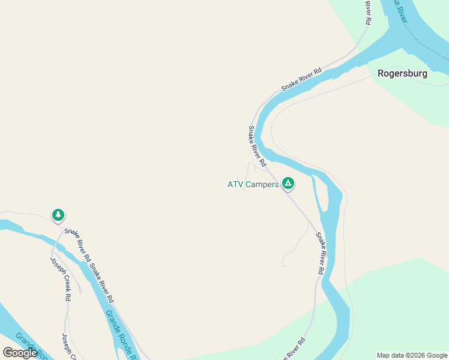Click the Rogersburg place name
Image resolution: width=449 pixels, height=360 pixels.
(x=402, y=74)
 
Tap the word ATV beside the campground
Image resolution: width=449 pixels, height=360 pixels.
(x=235, y=184)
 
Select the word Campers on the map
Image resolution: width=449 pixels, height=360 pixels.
(x=262, y=184)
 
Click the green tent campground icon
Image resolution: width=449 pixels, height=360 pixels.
(x=288, y=183)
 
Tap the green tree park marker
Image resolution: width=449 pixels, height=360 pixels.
(x=58, y=215)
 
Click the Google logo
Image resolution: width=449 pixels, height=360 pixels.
(x=20, y=353)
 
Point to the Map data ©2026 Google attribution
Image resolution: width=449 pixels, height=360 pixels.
(x=412, y=355)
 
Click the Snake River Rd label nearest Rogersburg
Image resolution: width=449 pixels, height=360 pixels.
(x=301, y=79)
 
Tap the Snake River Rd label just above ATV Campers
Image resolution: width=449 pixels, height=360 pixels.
(x=257, y=146)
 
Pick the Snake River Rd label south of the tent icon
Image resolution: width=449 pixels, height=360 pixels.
(x=321, y=253)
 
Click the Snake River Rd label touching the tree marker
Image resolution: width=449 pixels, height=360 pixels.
(x=77, y=245)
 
